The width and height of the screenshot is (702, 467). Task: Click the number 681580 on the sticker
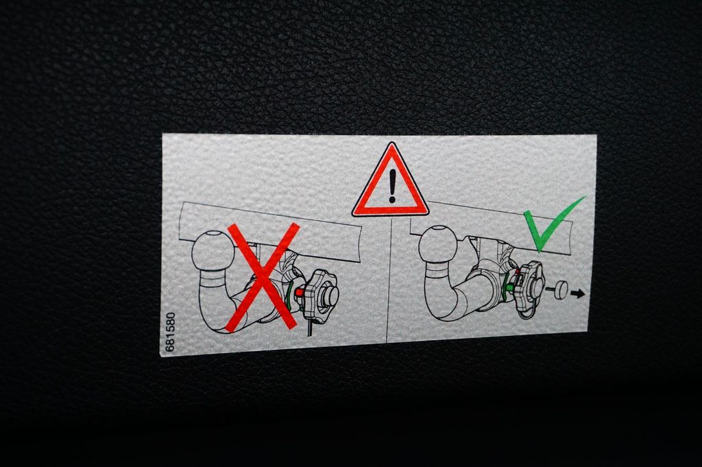coord(170,332)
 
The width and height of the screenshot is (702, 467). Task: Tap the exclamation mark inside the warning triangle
coord(393,185)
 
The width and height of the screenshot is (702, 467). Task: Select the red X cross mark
coord(263,278)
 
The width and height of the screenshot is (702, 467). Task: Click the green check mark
coord(553,224)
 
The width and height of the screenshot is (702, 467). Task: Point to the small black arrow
coord(578,294)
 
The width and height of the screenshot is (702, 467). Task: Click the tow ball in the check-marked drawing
coord(438,244)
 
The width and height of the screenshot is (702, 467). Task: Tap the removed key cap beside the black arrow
coord(559,289)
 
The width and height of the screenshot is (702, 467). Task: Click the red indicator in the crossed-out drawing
coord(299,293)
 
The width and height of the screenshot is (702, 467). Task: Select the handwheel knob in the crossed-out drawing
coord(321,295)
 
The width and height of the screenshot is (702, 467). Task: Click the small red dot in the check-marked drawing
coord(517,272)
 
